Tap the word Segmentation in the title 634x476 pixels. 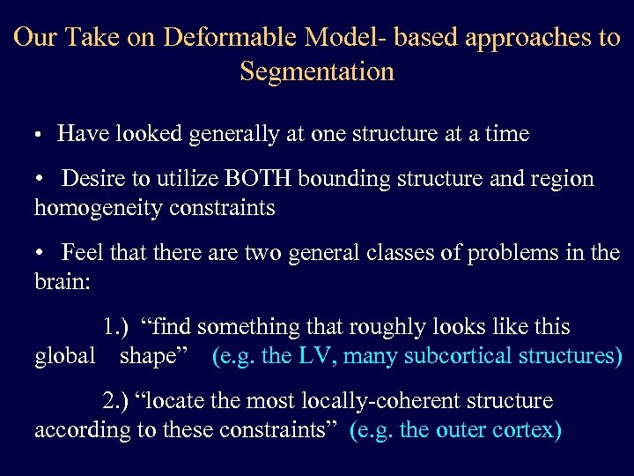click(x=317, y=71)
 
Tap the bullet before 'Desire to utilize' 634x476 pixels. click(x=40, y=180)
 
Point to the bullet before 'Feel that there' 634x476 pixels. click(x=40, y=254)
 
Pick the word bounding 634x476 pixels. click(x=342, y=179)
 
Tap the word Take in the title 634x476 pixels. click(x=86, y=38)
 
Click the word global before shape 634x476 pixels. click(x=64, y=356)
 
